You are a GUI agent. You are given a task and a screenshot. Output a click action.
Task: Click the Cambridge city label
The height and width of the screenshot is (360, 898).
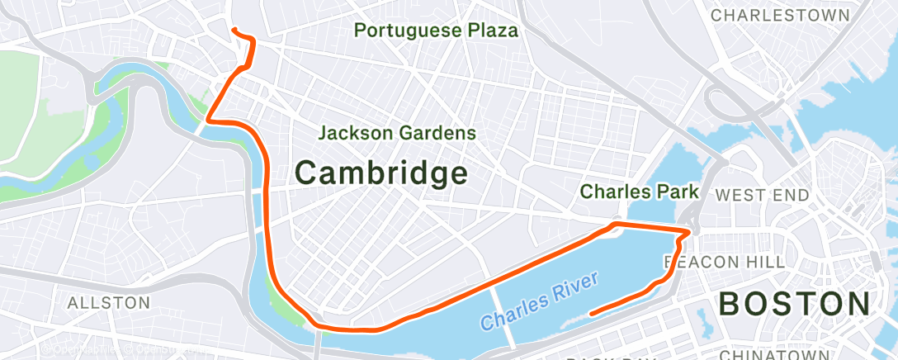point(381,173)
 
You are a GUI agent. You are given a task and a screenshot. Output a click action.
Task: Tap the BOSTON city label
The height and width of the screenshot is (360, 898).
point(794,303)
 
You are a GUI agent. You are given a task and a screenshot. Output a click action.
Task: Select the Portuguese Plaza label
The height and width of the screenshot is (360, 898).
point(436,31)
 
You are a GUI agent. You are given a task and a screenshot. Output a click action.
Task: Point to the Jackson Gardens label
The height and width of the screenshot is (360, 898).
point(397,132)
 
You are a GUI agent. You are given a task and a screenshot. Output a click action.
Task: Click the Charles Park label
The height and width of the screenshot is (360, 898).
point(639,192)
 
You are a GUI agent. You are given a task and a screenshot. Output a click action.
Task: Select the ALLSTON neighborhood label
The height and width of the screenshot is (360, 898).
point(109,303)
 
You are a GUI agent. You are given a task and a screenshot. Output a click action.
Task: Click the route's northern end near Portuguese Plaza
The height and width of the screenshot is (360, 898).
point(234,30)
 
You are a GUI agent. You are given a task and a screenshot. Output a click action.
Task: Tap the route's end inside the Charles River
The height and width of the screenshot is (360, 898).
point(591,314)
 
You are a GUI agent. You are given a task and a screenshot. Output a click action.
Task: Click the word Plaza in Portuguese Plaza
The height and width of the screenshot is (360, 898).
point(492,31)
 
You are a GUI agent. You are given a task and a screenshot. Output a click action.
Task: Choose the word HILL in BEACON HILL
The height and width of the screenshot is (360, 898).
point(767,262)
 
